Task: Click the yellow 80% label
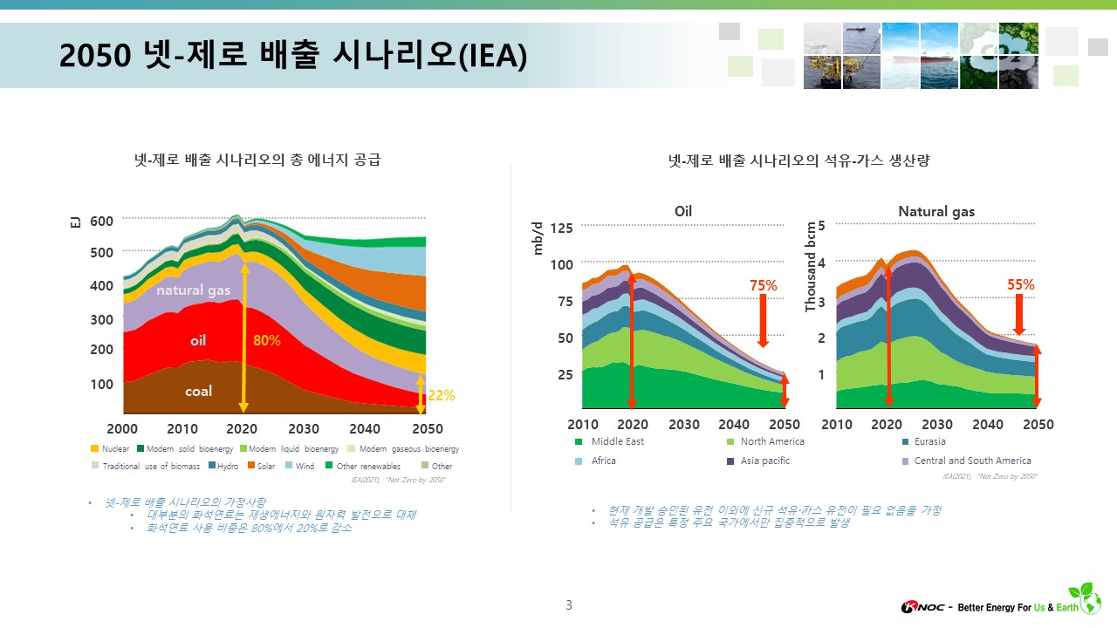pos(267,340)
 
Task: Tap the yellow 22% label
pos(442,395)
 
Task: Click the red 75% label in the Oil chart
pos(764,285)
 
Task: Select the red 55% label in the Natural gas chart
pos(1021,284)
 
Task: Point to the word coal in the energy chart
pos(198,392)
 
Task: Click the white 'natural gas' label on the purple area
pos(194,290)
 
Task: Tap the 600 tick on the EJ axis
pos(101,221)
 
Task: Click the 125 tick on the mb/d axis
pos(561,228)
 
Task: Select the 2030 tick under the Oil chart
pos(684,425)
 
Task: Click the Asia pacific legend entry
pos(764,461)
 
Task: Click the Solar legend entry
pos(260,466)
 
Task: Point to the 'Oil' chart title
pos(683,211)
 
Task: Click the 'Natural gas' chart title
pos(936,211)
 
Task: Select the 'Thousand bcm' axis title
pos(810,266)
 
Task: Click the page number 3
pos(569,605)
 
